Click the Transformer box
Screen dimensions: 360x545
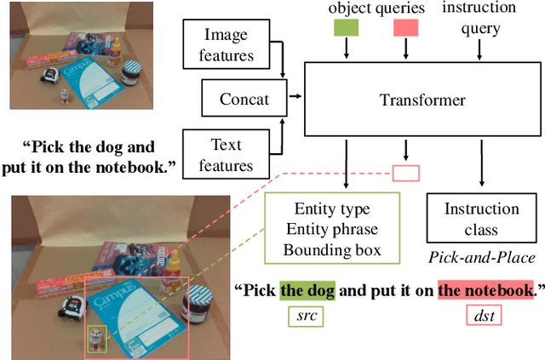pyautogui.click(x=422, y=100)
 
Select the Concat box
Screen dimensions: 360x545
pyautogui.click(x=244, y=99)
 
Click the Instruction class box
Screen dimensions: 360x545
pyautogui.click(x=482, y=220)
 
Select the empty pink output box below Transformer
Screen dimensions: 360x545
pyautogui.click(x=406, y=174)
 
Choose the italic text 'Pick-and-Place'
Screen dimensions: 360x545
pyautogui.click(x=482, y=256)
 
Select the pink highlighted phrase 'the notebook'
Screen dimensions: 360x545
pyautogui.click(x=485, y=290)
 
